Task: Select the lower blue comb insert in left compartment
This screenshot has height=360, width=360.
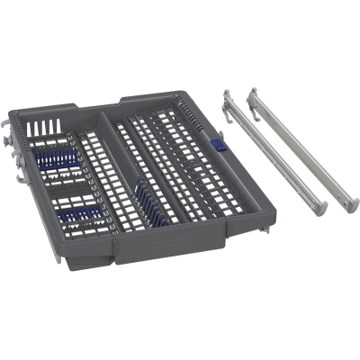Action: coord(80,215)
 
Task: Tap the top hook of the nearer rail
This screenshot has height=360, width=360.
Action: coord(227,94)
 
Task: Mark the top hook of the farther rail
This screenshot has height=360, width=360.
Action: coord(254,92)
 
